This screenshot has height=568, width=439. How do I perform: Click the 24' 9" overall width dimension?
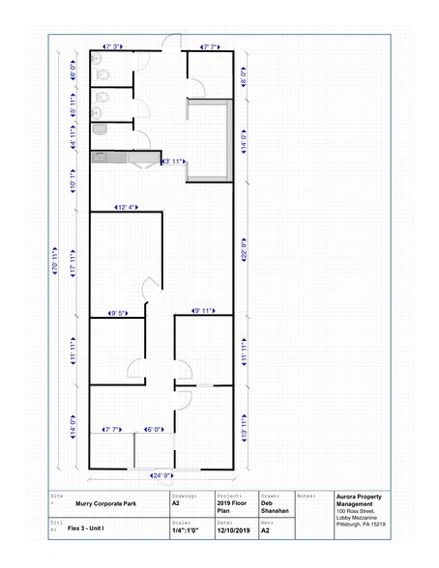click(x=162, y=476)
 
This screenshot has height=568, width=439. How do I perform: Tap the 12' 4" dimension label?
click(x=127, y=208)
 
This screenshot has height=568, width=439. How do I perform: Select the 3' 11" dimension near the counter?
click(x=174, y=161)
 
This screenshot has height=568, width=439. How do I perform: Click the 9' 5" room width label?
click(x=118, y=312)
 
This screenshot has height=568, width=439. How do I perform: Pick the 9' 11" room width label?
click(x=203, y=311)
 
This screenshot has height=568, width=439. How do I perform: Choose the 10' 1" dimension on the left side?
click(x=73, y=181)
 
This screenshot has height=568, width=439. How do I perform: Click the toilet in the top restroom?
click(x=99, y=60)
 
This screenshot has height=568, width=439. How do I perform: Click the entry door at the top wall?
click(x=170, y=43)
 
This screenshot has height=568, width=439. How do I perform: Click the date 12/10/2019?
click(x=232, y=529)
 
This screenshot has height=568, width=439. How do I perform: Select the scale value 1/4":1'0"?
click(x=187, y=529)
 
